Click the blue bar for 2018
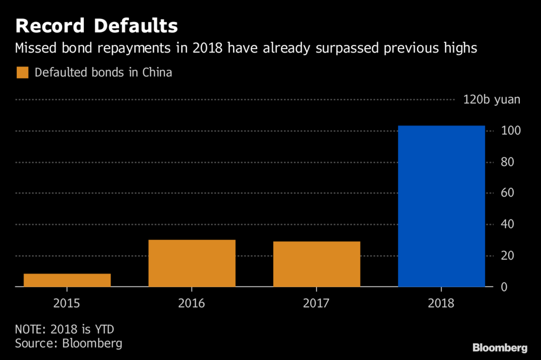[441, 206]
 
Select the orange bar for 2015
[67, 280]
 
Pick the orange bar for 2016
[192, 263]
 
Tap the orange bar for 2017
[316, 264]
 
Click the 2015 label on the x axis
[67, 303]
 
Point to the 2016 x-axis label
[192, 303]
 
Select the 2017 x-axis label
[316, 303]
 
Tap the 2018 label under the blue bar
[441, 303]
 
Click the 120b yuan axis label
[492, 99]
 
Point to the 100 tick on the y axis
[511, 130]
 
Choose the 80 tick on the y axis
[507, 162]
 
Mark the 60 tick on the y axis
[507, 193]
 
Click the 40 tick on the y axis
[507, 224]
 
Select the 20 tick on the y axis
[507, 256]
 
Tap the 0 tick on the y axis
[504, 287]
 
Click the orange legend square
[22, 72]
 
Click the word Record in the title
[50, 26]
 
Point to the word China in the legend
[157, 72]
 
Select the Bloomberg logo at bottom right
[500, 348]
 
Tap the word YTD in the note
[104, 329]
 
